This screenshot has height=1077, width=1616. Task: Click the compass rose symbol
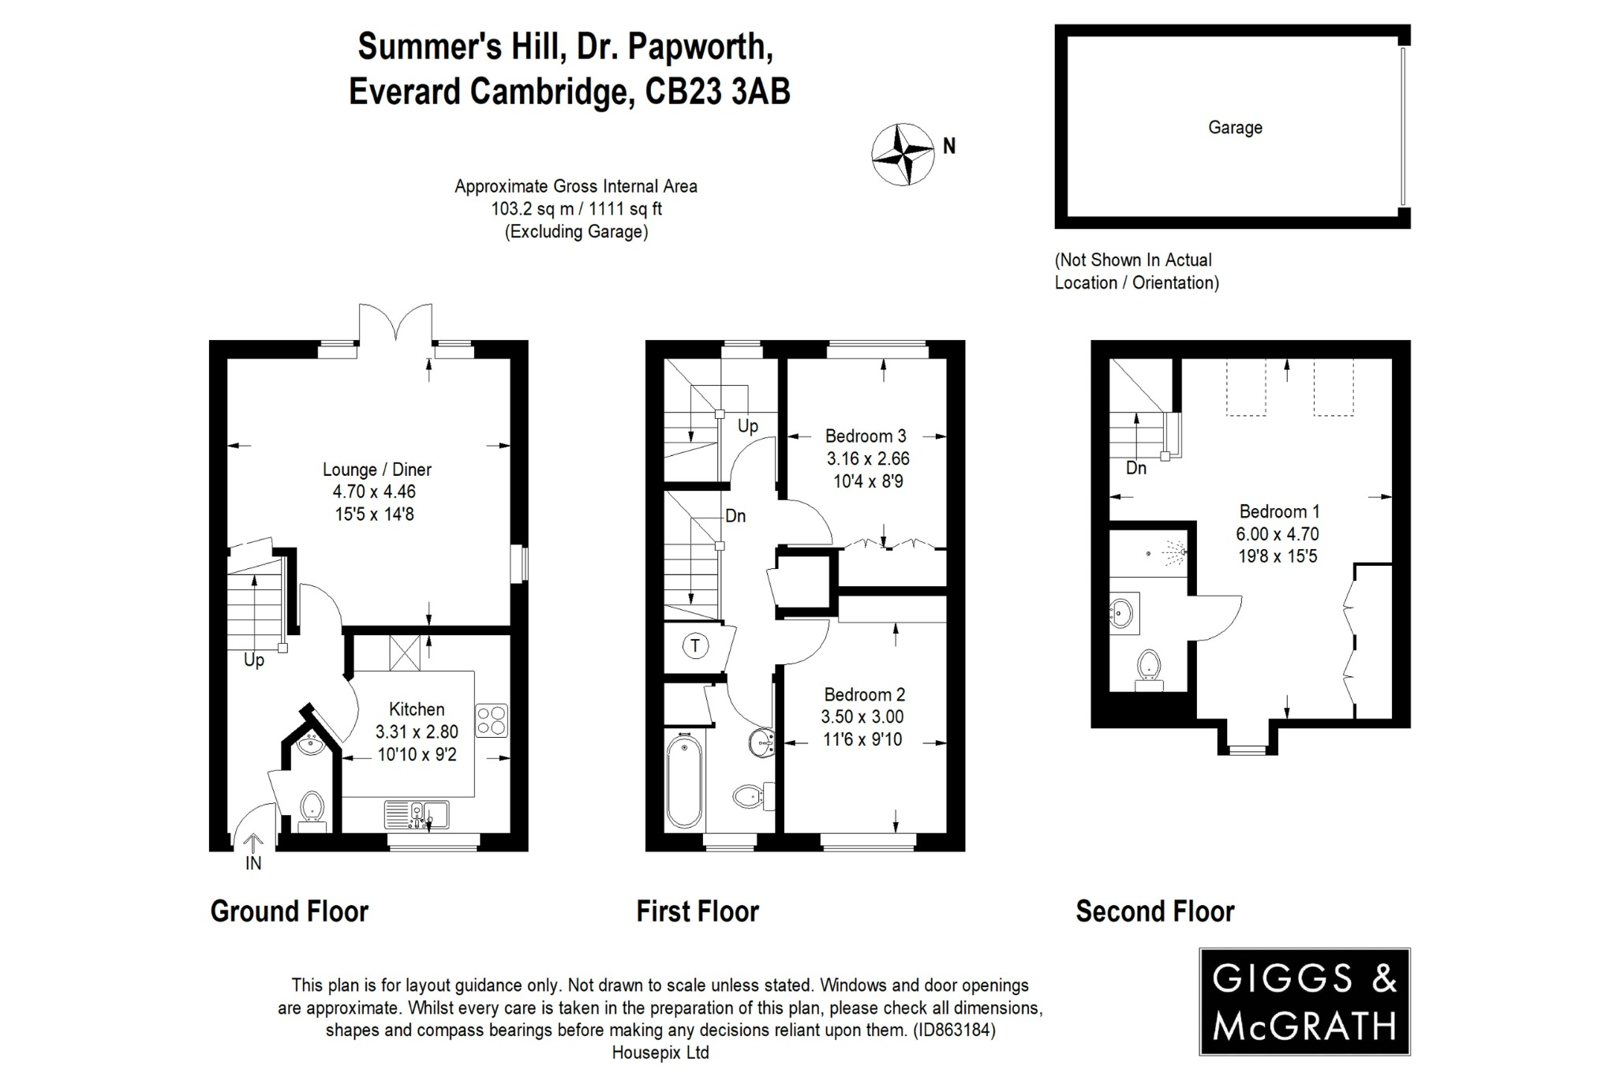click(x=902, y=155)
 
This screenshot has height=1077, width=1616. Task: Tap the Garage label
click(x=1235, y=128)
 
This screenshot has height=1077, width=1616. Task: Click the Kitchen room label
click(x=417, y=709)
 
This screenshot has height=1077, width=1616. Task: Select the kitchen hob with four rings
click(x=492, y=720)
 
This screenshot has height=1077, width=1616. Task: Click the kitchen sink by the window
click(x=417, y=815)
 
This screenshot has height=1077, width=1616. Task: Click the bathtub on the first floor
click(x=683, y=781)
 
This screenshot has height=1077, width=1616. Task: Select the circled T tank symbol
click(x=695, y=646)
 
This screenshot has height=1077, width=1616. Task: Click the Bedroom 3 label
click(x=866, y=436)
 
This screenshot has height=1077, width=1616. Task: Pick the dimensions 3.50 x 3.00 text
click(x=862, y=717)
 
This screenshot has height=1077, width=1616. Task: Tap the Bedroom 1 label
click(x=1278, y=511)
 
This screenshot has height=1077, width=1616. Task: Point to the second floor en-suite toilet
click(x=1149, y=668)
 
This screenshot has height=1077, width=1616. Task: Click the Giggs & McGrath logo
click(x=1304, y=1002)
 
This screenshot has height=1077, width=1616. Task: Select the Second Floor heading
click(x=1154, y=912)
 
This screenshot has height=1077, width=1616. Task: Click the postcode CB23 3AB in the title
click(x=717, y=92)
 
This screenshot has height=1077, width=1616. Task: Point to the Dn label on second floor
click(x=1135, y=469)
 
